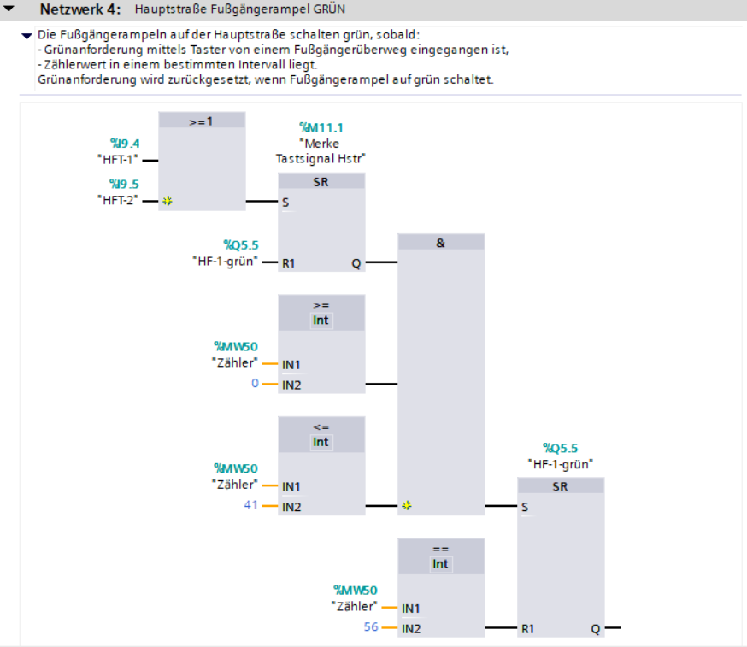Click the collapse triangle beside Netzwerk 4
[x=9, y=8]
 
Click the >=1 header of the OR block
[x=201, y=121]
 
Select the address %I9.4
[x=125, y=144]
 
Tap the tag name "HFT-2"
[x=118, y=200]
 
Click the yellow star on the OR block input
[x=168, y=201]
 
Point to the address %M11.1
[x=321, y=127]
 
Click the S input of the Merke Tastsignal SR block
[x=285, y=203]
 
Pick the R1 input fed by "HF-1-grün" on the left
[x=288, y=263]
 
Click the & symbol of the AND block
[x=441, y=243]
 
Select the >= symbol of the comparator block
[x=321, y=305]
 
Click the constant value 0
[x=255, y=383]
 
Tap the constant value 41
[x=250, y=505]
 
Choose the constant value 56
[x=371, y=627]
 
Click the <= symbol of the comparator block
[x=321, y=427]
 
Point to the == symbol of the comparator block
[x=441, y=550]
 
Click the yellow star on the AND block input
[x=406, y=505]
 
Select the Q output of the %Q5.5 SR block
[x=596, y=629]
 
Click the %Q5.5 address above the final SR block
[x=561, y=449]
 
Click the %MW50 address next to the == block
[x=356, y=591]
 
